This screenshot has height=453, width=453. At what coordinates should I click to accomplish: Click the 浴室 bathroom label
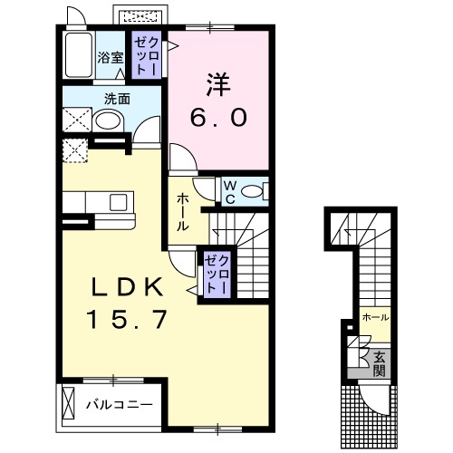coord(111,57)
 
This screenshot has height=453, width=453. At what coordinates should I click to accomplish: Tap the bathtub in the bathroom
coord(79,55)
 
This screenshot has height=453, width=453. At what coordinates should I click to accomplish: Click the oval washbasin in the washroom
coord(108,120)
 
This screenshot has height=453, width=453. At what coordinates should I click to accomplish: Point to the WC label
coord(230,191)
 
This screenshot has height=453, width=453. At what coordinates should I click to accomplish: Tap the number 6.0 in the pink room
coord(218,118)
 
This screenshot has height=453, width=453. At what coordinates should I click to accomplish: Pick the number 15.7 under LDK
coord(127,320)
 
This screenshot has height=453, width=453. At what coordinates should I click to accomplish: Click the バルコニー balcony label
coord(120,404)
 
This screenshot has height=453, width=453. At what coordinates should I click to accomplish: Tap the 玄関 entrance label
coord(380,364)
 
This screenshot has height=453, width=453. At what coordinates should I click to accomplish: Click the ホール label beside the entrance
coord(375,317)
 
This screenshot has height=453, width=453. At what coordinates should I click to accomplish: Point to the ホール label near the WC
coord(183,212)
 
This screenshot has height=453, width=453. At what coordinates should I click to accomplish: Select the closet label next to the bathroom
coord(147,56)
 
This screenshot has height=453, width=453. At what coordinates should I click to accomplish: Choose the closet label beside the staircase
coord(217,275)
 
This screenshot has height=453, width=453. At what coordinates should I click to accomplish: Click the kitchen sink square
coord(118,202)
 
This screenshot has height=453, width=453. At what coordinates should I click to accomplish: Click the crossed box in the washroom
coord(77,120)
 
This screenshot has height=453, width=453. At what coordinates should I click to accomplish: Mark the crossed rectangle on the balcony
coord(68,401)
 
